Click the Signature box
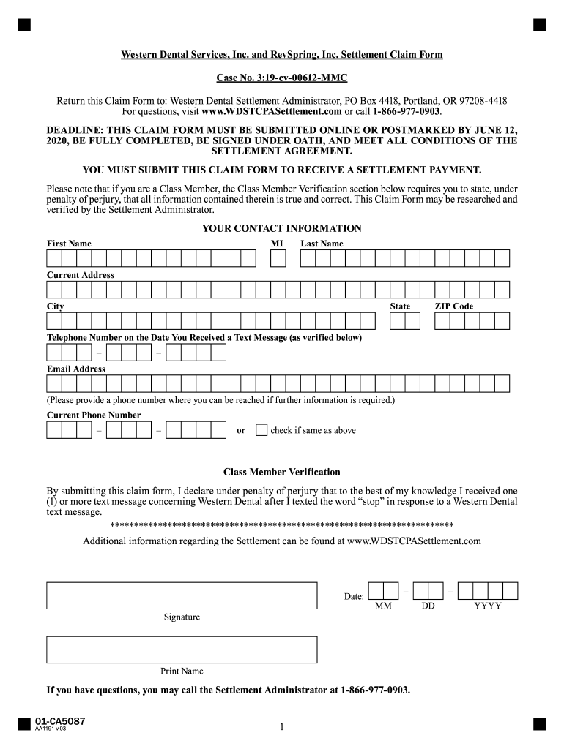(x=182, y=595)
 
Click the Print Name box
(x=182, y=650)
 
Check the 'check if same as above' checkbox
(x=261, y=430)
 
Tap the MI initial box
(x=278, y=258)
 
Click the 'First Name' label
(x=70, y=244)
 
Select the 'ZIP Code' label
(x=454, y=306)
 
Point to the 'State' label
(x=400, y=306)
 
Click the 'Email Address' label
(x=76, y=369)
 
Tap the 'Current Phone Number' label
(x=94, y=415)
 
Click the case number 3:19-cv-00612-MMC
(x=282, y=78)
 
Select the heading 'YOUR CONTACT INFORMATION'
(x=282, y=229)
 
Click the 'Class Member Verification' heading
(x=282, y=473)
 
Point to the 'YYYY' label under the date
(x=488, y=606)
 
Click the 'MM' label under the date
(x=383, y=606)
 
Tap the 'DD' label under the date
(x=428, y=606)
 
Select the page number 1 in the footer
(x=281, y=727)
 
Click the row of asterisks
(x=282, y=526)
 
